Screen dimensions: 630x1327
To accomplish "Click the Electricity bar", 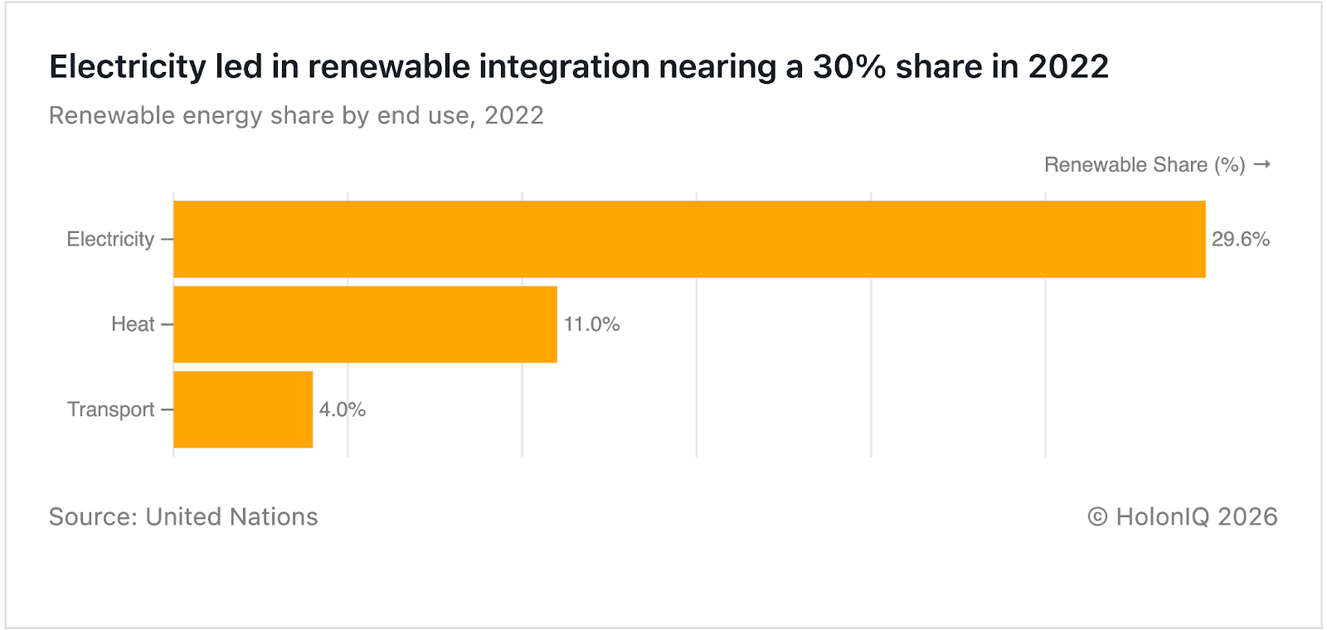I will (x=688, y=239).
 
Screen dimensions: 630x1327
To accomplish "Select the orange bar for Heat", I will (x=365, y=324).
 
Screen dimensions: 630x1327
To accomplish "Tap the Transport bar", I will (x=243, y=409).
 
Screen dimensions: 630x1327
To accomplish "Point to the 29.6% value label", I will (x=1240, y=240).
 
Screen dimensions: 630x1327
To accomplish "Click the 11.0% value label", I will (x=591, y=324).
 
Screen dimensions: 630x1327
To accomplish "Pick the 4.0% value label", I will (x=343, y=409).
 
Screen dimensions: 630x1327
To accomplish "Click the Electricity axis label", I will (x=110, y=240).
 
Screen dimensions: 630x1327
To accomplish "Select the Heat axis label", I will (x=133, y=324).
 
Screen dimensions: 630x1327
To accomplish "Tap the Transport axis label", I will (x=110, y=409).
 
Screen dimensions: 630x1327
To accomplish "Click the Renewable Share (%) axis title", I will (x=1145, y=165).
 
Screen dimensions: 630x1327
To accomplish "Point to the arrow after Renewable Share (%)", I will (x=1261, y=164).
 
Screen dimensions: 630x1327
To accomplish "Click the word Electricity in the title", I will (x=127, y=66).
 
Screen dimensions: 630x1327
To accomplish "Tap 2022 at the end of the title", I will (x=1068, y=66).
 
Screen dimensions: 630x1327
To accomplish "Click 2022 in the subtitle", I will (x=513, y=115).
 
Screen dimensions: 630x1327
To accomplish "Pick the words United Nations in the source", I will (x=231, y=516).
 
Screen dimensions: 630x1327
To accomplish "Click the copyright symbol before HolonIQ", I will (x=1097, y=517).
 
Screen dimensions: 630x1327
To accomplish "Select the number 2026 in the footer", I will (x=1247, y=516).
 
